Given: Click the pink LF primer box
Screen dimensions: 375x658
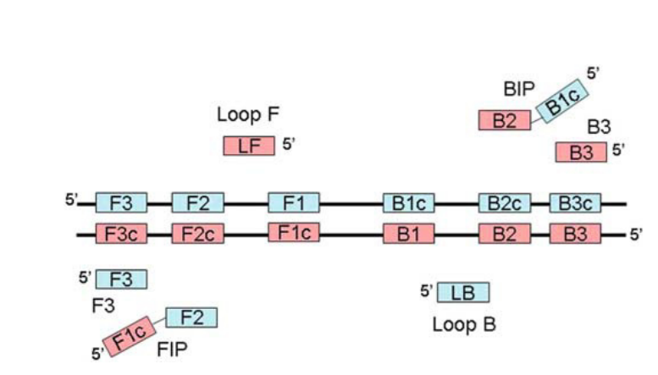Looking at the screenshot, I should pos(248,146).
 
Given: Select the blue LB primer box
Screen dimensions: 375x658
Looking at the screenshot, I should pos(462,293).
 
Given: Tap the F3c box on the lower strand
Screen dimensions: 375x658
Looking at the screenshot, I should pos(121,234).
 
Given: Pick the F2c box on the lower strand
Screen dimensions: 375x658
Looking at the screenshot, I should pos(197,234).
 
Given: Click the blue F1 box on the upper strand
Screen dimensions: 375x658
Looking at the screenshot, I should pos(294,203).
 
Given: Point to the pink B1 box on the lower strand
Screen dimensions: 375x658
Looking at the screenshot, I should pos(409,234).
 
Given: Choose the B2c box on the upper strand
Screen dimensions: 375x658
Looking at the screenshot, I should pos(503,203).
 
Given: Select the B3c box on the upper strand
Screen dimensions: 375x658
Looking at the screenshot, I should pos(575,203).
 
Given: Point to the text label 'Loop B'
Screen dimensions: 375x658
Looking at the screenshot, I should pos(464,324).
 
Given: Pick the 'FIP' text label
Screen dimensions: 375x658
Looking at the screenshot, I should pos(173,347).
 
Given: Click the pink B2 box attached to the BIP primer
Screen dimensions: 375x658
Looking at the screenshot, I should pos(505,120).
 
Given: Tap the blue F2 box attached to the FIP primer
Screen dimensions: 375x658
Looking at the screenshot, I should pos(191,317).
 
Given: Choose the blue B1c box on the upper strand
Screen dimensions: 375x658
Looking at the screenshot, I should pos(409,203).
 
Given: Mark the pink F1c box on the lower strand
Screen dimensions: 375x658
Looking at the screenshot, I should pos(294,232).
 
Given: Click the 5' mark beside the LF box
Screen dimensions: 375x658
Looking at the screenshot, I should pos(288,145).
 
